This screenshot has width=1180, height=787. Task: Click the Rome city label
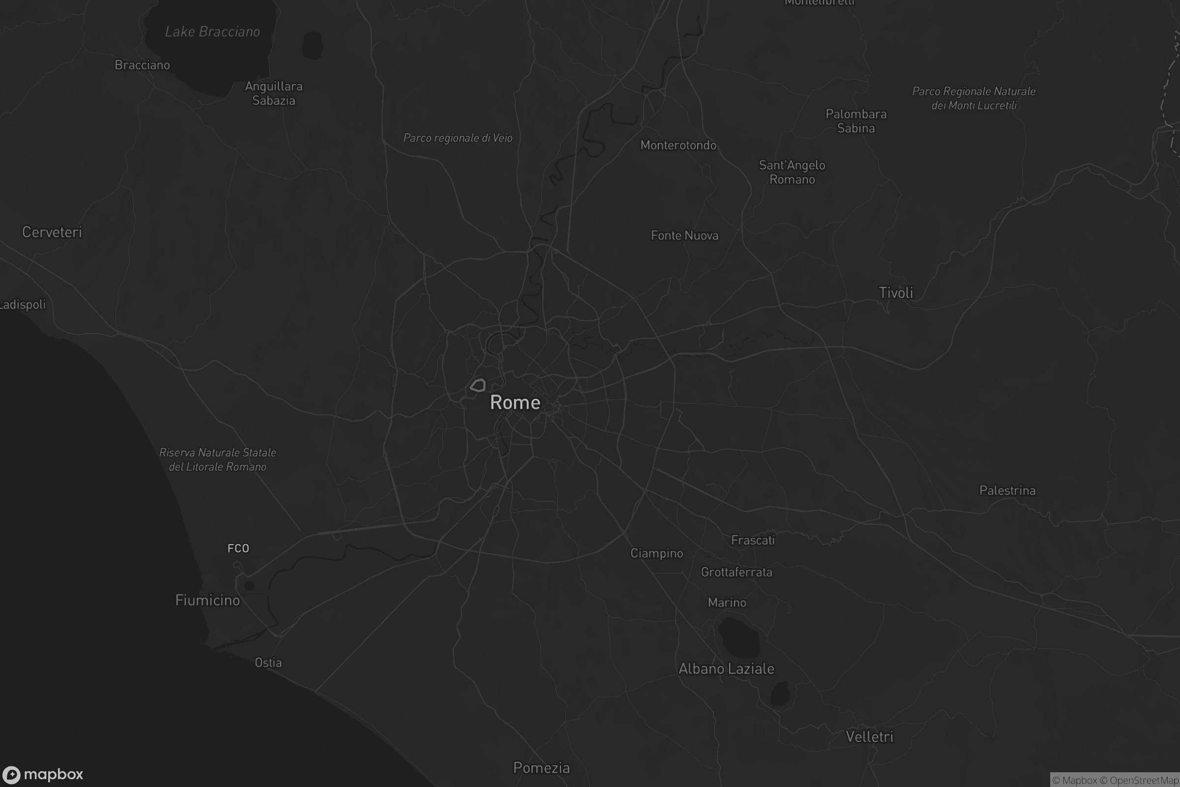click(515, 402)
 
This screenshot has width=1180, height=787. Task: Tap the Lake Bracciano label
click(212, 32)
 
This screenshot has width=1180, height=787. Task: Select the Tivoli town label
click(895, 293)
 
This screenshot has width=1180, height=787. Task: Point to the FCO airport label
click(238, 548)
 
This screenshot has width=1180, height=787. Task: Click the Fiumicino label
click(207, 600)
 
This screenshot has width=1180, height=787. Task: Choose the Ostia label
click(268, 663)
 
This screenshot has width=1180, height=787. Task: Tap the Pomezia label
click(541, 768)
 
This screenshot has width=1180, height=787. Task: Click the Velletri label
click(869, 737)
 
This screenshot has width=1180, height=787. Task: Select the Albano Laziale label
click(726, 668)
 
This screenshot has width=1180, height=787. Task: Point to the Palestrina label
click(1007, 490)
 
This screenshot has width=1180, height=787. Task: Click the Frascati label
click(753, 540)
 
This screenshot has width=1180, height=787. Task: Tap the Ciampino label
click(656, 553)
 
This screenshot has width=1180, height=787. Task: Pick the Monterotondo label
click(678, 146)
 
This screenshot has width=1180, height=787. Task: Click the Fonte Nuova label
click(684, 236)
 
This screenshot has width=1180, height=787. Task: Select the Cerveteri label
click(52, 232)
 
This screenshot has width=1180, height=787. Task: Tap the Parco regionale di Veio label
click(458, 138)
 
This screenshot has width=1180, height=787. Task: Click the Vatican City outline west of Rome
click(477, 386)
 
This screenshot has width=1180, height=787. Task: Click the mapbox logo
click(43, 774)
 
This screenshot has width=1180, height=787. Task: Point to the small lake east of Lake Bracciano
click(312, 45)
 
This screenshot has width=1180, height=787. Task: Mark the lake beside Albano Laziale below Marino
click(738, 637)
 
